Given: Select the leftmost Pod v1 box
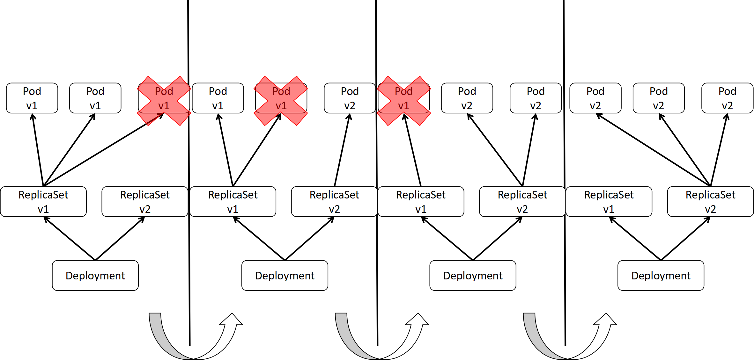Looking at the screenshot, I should [x=32, y=98].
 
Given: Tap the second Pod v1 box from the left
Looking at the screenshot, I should [x=95, y=98].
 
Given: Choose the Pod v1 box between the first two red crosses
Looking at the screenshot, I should [x=218, y=98].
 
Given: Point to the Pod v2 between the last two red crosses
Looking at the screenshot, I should [x=350, y=98].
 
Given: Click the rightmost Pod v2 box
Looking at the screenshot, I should [x=727, y=98].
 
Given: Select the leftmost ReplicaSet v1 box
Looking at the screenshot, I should [x=43, y=202].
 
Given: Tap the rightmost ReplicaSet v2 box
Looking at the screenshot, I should [x=710, y=202].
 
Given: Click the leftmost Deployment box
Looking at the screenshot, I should [x=95, y=276].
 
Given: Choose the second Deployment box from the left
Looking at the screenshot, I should [x=285, y=276].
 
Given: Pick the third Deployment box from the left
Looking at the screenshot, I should [x=473, y=276].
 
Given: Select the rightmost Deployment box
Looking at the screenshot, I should [x=661, y=276].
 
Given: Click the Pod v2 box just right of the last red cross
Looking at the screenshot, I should [x=467, y=98].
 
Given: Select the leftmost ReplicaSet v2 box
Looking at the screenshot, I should [x=145, y=202].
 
